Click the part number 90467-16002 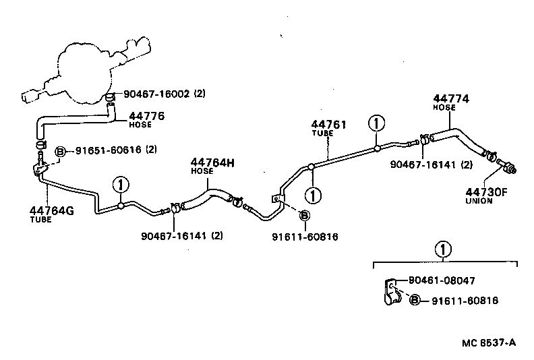click(155, 94)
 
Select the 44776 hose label click(146, 116)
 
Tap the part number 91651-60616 click(108, 150)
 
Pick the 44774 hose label click(451, 98)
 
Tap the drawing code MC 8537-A click(488, 342)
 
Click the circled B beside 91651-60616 click(59, 150)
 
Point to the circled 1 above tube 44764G click(120, 183)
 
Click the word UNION click(479, 201)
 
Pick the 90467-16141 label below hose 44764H click(182, 235)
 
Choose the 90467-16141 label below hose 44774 click(432, 164)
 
